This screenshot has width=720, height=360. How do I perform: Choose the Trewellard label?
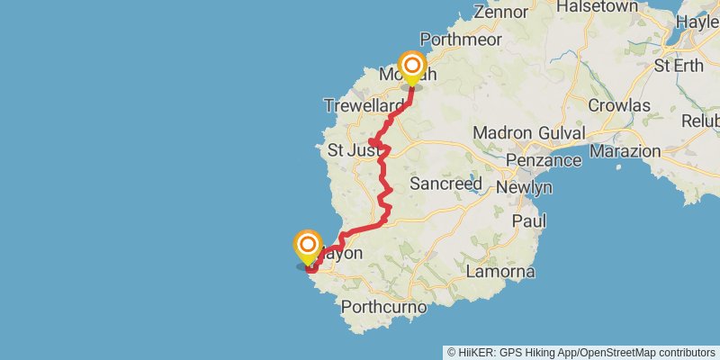point(364,106)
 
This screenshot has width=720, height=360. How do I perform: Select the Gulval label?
point(555,132)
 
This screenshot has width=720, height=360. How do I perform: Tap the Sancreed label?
point(445,184)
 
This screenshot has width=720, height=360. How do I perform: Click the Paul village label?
point(529,220)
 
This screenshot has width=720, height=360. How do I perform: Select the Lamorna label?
point(501,272)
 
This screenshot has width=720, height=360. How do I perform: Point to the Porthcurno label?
point(383,309)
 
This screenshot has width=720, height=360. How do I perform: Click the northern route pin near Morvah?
point(412,67)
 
